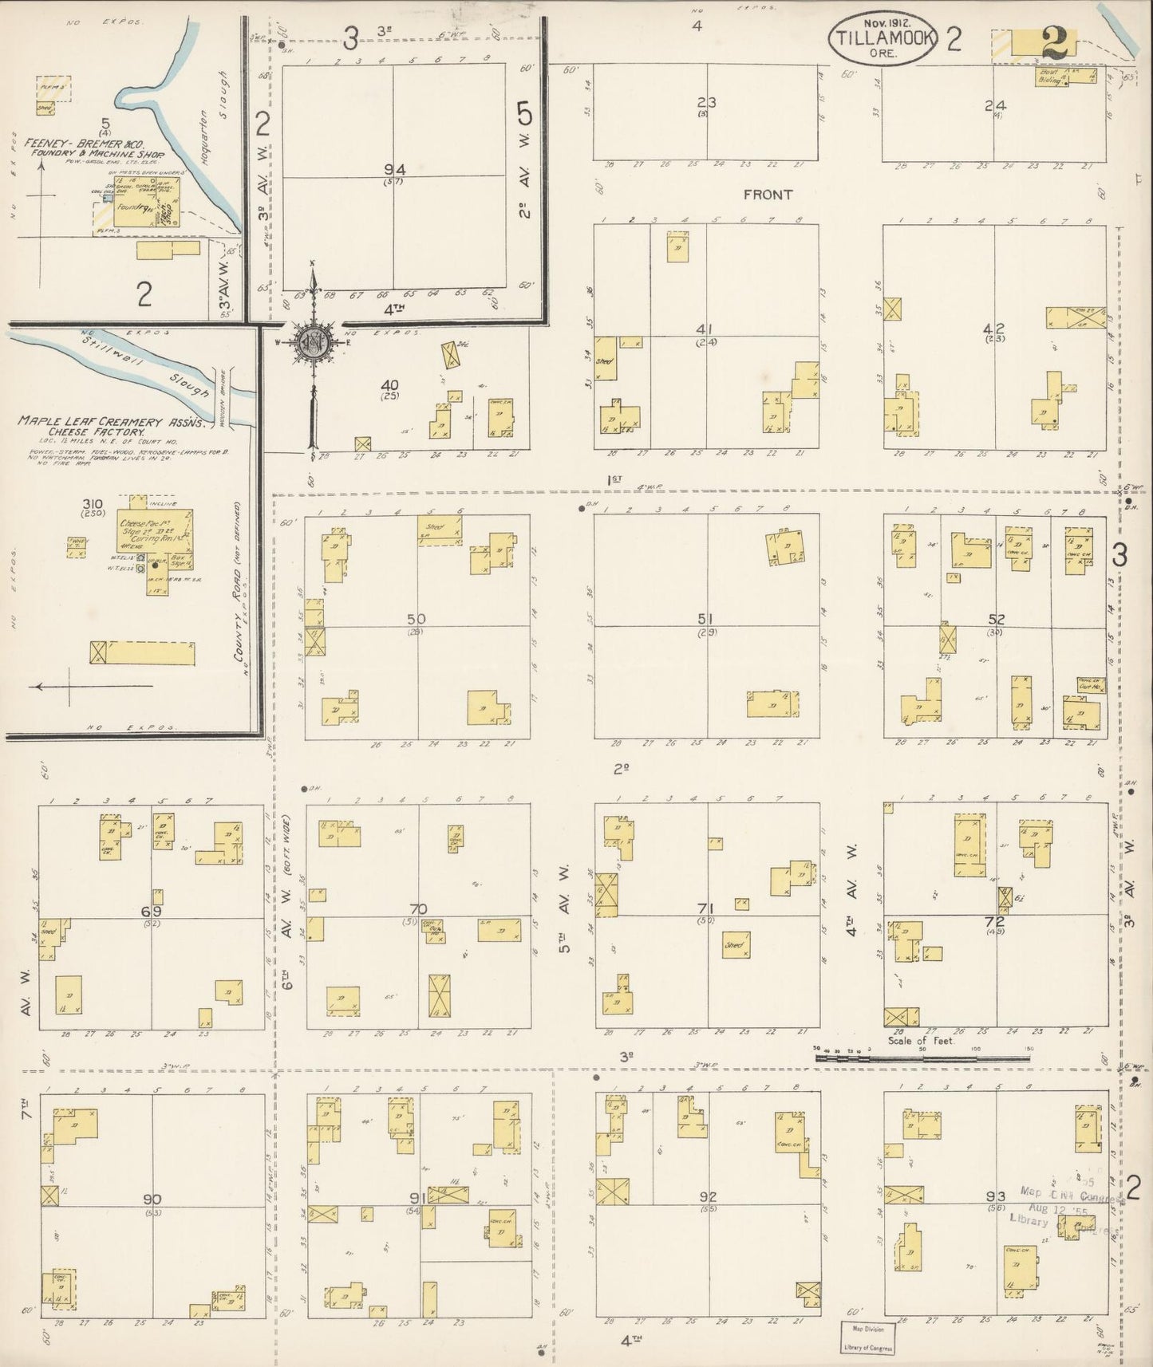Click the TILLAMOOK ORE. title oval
(882, 39)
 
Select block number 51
(705, 619)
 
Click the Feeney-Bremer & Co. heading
(94, 149)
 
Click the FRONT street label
(768, 194)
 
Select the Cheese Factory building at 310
(156, 530)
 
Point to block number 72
(995, 922)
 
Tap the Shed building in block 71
(735, 945)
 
